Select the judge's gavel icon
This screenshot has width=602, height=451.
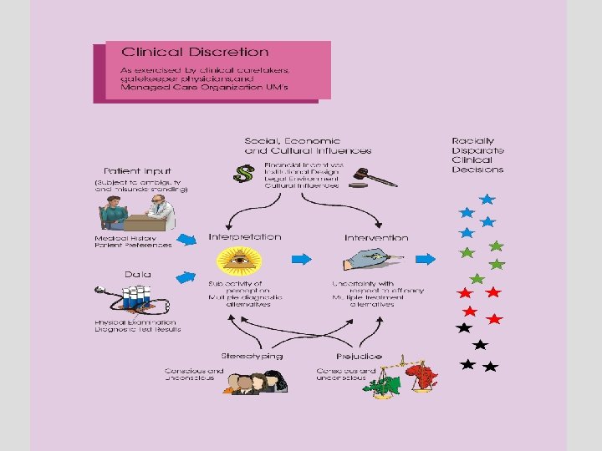tap(369, 177)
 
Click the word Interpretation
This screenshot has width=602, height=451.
tap(244, 237)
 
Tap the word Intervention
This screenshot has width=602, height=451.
tap(376, 238)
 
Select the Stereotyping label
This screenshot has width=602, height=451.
tap(252, 356)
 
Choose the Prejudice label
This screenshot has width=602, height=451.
tap(359, 357)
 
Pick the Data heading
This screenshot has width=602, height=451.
tap(137, 274)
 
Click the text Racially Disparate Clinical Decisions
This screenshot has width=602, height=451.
tap(477, 155)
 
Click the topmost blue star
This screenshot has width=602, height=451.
tap(487, 200)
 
